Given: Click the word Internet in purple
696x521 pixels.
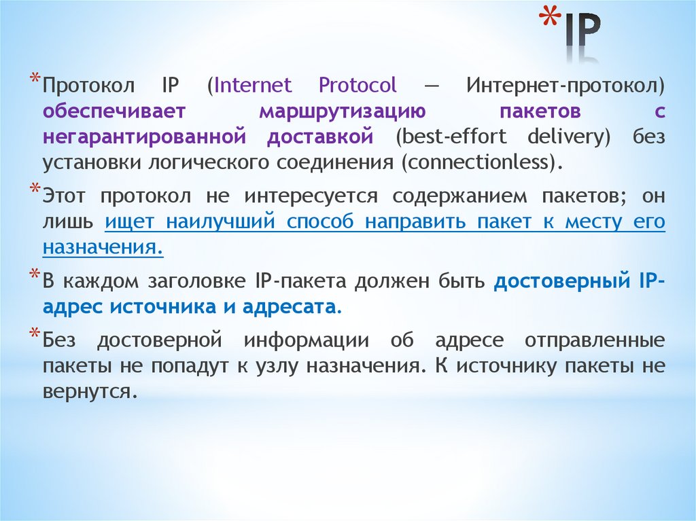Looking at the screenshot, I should (x=253, y=86).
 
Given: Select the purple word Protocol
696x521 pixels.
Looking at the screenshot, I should (x=358, y=86).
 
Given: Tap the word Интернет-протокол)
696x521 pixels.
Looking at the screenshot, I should (x=565, y=86).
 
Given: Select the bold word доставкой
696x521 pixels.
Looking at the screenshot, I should (x=319, y=137).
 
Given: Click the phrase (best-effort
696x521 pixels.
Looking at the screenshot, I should (x=451, y=137).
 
